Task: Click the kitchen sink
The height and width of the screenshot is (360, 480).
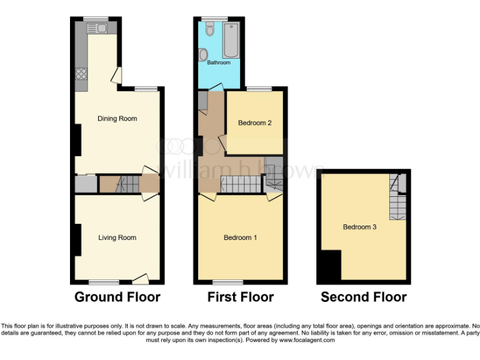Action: [x=97, y=28]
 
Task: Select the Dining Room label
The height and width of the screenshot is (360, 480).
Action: [x=117, y=119]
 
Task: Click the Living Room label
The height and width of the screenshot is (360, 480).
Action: [x=117, y=237]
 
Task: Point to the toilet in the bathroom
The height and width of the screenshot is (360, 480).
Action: [x=211, y=29]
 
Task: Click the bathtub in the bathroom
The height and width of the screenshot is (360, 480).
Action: [x=231, y=37]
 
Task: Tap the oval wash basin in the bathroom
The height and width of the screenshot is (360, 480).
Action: [x=204, y=56]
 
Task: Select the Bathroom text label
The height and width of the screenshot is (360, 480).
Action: [x=219, y=62]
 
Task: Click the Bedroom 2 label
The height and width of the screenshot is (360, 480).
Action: [x=254, y=123]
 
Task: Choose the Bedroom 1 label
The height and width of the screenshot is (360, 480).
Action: [x=241, y=237]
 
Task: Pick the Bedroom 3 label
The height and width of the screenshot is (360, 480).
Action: [x=359, y=227]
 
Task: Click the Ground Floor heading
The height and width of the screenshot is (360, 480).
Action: [x=117, y=297]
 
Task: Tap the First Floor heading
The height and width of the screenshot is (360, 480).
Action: [x=241, y=297]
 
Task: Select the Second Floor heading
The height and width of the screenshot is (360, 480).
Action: [x=364, y=297]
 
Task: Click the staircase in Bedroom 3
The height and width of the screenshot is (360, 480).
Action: [x=397, y=199]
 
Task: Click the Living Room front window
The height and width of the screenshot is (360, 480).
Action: [x=103, y=282]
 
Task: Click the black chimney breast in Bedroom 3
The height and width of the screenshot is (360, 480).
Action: [x=329, y=266]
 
